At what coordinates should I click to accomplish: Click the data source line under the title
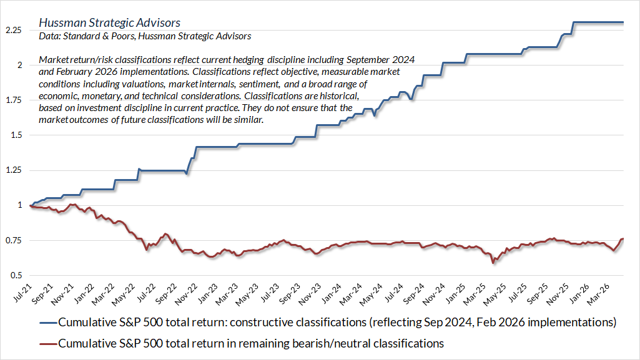[145, 37]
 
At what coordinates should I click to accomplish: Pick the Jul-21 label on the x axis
[24, 294]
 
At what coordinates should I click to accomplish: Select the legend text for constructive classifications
[337, 323]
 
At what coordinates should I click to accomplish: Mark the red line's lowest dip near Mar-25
[493, 263]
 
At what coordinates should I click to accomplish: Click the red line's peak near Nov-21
[73, 204]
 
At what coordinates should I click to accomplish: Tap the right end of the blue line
[624, 22]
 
